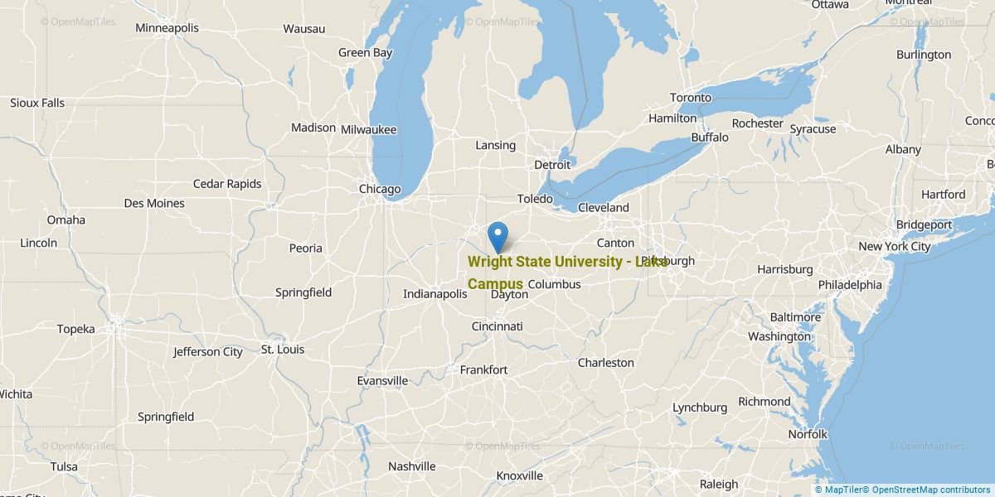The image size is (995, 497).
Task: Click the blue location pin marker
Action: click(x=498, y=235)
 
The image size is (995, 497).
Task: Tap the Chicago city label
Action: click(x=380, y=189)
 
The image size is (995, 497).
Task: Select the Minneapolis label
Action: click(x=167, y=28)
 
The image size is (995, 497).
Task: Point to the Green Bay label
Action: click(x=365, y=52)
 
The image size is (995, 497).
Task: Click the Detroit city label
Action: click(x=552, y=165)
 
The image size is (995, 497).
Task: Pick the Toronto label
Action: click(x=691, y=98)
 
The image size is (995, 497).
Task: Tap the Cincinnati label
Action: click(x=498, y=326)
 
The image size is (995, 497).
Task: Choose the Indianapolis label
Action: click(x=436, y=294)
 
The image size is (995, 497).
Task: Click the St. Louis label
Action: click(x=283, y=350)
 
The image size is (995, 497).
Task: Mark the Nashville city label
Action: click(x=412, y=466)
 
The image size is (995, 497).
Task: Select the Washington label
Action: click(x=779, y=336)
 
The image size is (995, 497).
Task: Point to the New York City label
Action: click(x=895, y=247)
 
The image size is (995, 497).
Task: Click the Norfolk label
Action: click(x=808, y=434)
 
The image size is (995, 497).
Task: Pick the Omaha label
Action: click(x=66, y=220)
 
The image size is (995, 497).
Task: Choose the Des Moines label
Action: click(x=154, y=203)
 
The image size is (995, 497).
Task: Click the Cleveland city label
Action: click(x=604, y=208)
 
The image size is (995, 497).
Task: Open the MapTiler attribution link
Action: click(x=837, y=490)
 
